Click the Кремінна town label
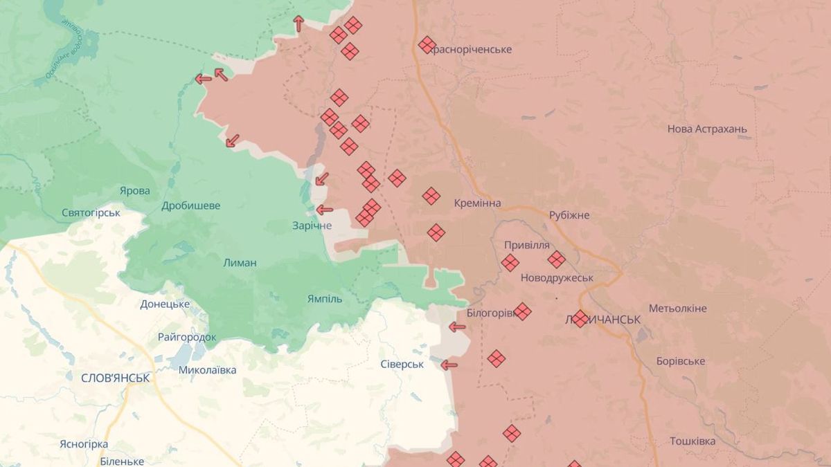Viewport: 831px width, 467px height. point(477,203)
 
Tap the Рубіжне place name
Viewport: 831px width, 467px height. point(569,215)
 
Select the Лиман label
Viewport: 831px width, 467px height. point(240,263)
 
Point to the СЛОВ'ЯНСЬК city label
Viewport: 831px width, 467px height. point(116,378)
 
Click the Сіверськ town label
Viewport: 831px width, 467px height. point(402,364)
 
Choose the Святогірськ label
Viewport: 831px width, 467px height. point(91,212)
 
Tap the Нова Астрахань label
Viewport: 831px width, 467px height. point(707,129)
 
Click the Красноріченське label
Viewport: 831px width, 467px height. point(472,50)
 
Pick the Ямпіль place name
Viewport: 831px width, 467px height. point(325,299)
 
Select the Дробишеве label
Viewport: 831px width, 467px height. point(191,205)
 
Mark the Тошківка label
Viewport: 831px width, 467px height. point(692,441)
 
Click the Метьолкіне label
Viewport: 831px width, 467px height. point(677,308)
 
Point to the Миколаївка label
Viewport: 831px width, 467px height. point(207,370)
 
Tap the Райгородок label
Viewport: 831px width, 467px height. point(187,337)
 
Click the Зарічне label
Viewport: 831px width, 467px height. point(312,226)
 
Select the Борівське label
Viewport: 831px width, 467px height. point(681,361)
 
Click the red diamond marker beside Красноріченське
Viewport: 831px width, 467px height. point(427,45)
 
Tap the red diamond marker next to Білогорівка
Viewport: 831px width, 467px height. point(522,311)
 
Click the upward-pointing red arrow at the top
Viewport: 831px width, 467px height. point(298,24)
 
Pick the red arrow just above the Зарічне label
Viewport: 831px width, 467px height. point(323,210)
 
